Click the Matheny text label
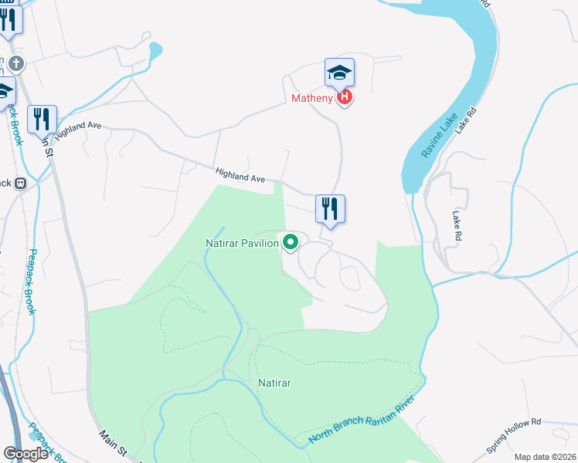pos(312,98)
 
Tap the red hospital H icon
pos(345,98)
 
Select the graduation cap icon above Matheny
pos(339,73)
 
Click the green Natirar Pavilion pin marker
pos(291,242)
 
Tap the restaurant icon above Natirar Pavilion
pos(330,208)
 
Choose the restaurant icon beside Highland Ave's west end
pos(42,119)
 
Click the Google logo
pos(25,453)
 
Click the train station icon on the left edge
pos(20,184)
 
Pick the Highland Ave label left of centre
pos(240,176)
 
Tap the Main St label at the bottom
pos(112,442)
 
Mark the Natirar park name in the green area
pos(274,382)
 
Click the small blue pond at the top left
pos(155,50)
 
